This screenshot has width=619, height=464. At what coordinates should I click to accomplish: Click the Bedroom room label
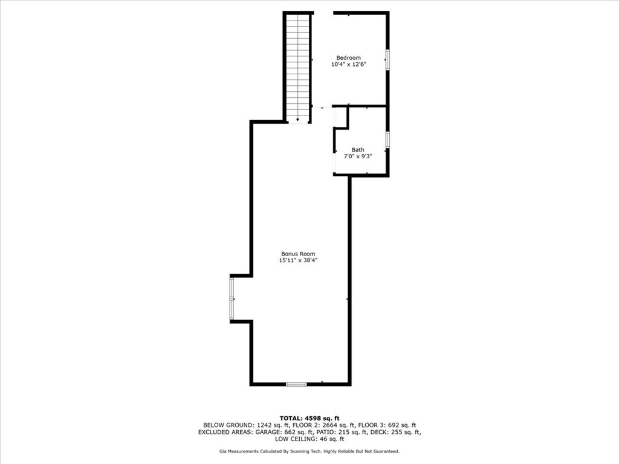tap(349, 58)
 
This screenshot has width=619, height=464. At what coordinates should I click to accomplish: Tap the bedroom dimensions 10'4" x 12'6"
tap(349, 64)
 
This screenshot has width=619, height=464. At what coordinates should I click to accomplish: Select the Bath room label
tap(358, 150)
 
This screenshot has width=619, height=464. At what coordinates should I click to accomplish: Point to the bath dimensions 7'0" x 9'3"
tap(358, 156)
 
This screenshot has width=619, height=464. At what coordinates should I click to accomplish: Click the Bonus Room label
tap(298, 254)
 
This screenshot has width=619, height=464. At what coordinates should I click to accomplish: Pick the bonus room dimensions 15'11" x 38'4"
tap(298, 260)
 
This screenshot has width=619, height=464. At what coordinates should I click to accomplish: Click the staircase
tap(298, 66)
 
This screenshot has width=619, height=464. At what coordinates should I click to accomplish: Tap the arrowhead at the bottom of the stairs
tap(298, 120)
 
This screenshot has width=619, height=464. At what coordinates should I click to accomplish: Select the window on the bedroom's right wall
tap(387, 60)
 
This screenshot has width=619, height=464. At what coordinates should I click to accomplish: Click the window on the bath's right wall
tap(387, 140)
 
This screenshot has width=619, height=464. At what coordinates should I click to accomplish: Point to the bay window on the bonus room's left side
tap(232, 298)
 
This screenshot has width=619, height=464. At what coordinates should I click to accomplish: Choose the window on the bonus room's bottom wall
tap(296, 384)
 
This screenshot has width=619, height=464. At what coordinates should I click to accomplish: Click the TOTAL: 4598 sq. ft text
tap(309, 418)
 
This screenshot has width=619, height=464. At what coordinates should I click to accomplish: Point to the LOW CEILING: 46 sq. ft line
tap(309, 439)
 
